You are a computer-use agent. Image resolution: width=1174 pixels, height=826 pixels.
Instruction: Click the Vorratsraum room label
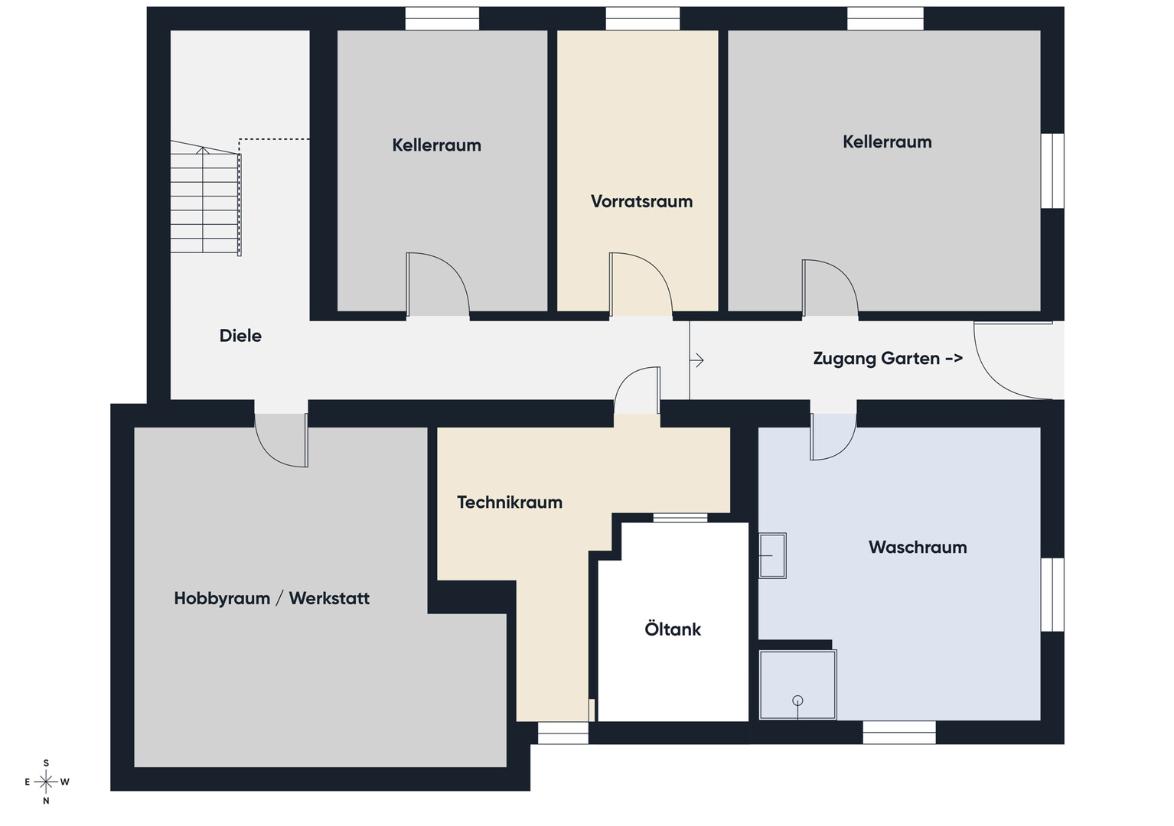pos(641,202)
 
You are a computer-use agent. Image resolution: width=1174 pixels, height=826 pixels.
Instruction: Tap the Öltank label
pos(673,629)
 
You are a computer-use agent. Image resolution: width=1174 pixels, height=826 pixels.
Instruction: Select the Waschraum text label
pos(918,548)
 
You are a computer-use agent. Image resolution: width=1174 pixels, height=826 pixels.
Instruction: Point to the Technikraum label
pos(510,502)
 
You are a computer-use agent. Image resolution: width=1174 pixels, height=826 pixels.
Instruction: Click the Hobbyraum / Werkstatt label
pos(272,598)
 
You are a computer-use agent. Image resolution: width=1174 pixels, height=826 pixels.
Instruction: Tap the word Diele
pos(240,336)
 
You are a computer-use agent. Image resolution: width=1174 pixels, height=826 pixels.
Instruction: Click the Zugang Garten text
pos(876,358)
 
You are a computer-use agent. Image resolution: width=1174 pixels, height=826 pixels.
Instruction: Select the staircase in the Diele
pos(205,197)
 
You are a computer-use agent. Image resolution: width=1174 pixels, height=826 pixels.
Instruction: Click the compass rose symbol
pos(46,782)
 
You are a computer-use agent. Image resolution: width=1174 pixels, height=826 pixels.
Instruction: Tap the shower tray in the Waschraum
pos(797,685)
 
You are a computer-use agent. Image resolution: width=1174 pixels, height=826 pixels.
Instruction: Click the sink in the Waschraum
pos(772,555)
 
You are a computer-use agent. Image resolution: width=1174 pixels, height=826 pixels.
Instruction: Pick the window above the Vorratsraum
pos(643,18)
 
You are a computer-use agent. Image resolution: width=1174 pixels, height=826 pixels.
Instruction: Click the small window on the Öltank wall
pos(680,518)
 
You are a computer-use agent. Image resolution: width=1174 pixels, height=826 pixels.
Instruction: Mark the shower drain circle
pos(797,701)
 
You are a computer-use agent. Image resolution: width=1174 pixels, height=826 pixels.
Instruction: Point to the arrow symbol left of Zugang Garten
pos(696,360)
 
